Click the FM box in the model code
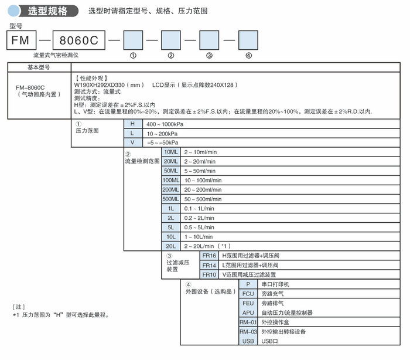coord(22,40)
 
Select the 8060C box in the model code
coord(79,40)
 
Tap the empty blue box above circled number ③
coord(209,40)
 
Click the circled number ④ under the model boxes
coord(248,56)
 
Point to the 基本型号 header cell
coord(39,67)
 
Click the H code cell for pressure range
coord(133,124)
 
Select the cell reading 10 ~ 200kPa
coord(162,134)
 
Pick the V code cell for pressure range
coord(133,142)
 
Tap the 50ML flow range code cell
coord(171,171)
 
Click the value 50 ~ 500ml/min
coord(203,199)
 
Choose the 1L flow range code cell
coord(171,208)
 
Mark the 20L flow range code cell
coord(171,246)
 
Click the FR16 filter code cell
coord(209,256)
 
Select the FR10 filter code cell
coord(209,274)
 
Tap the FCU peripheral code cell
coord(248,294)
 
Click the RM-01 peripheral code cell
coord(248,322)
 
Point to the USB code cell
coord(248,341)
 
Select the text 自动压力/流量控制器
coord(287,313)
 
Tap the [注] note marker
coord(19,307)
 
